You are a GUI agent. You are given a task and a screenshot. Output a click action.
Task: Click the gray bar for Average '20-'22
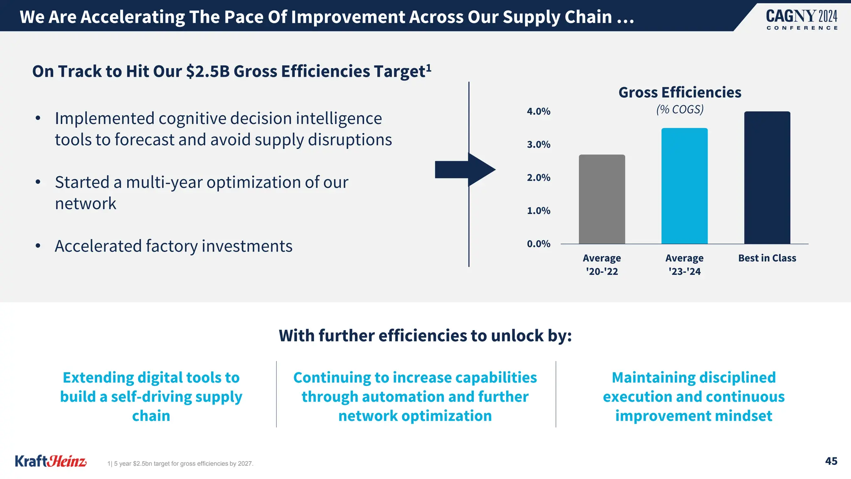[602, 200]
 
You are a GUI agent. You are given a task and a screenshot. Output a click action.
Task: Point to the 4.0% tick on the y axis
[539, 111]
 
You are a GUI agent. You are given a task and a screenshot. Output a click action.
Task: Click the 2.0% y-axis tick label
[539, 178]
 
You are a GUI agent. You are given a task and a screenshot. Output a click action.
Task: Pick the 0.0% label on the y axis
[539, 244]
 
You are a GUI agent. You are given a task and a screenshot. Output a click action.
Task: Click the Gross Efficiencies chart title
[680, 92]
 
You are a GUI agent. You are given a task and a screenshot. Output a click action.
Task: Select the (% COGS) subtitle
[680, 109]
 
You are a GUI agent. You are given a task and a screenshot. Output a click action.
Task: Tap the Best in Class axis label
[767, 258]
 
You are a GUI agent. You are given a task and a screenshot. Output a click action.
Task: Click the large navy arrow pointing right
[465, 170]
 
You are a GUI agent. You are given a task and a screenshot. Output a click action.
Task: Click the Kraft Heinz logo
[51, 461]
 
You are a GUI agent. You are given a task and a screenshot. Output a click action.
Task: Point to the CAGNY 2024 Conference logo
[802, 20]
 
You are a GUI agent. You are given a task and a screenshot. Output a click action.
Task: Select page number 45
[831, 461]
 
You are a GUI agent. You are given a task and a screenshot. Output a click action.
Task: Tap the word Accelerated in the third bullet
[98, 246]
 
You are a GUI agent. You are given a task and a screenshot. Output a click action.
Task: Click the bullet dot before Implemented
[38, 119]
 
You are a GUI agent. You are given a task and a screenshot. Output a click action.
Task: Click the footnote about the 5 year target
[180, 464]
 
